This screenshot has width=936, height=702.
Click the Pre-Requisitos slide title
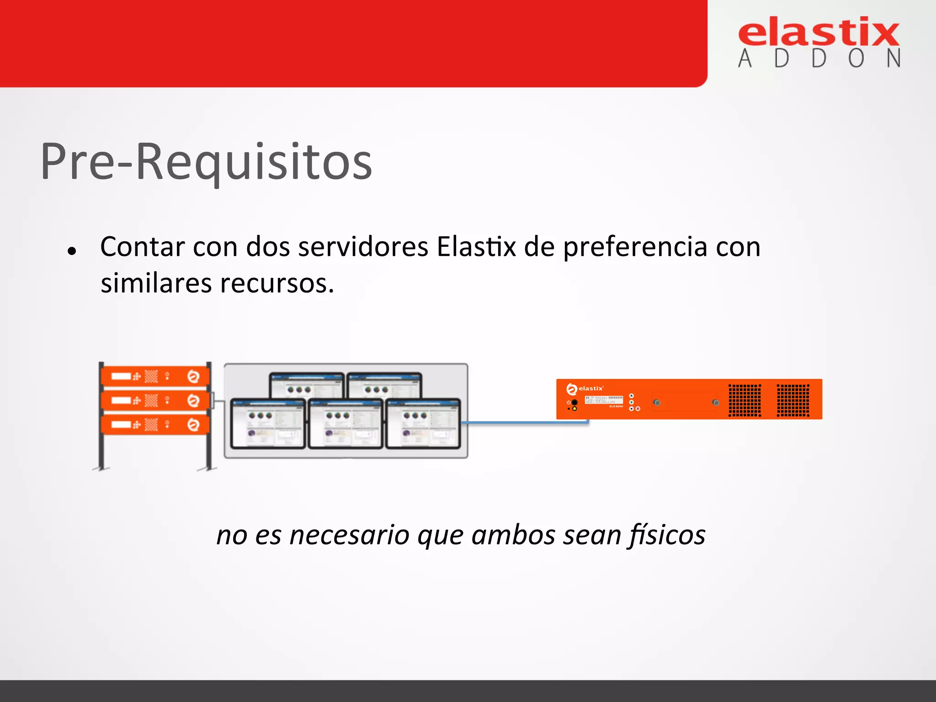(207, 162)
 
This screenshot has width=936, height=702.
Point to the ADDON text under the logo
(819, 59)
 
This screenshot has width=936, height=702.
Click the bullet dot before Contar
(71, 250)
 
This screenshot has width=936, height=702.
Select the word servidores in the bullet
(363, 247)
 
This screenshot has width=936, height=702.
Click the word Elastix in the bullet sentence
(476, 247)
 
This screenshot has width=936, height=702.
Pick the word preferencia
(635, 248)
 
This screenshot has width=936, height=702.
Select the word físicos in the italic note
(667, 535)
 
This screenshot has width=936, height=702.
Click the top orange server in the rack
(155, 376)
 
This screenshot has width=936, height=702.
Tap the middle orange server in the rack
(155, 400)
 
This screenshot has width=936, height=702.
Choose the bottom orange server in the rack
(155, 425)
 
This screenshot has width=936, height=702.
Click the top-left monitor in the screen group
(307, 386)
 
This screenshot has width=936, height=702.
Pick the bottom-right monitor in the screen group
(423, 423)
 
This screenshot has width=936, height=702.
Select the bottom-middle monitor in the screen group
(346, 423)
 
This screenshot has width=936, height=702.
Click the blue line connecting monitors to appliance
(526, 423)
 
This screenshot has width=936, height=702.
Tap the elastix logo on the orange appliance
(585, 388)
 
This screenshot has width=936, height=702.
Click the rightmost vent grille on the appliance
(793, 400)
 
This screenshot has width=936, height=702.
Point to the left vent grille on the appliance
(745, 400)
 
